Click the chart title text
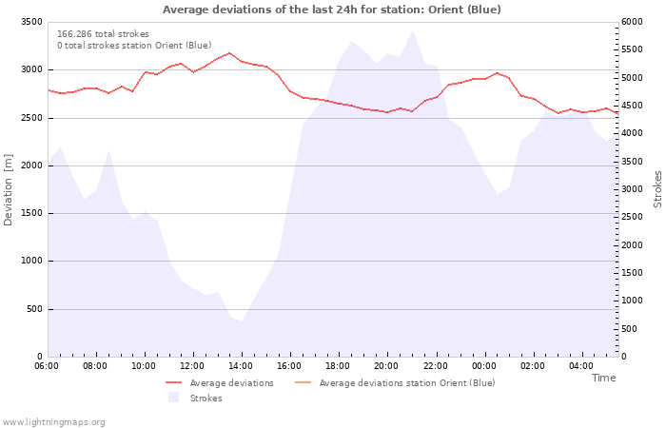click(331, 10)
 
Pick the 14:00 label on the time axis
click(241, 365)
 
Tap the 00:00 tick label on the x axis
click(484, 365)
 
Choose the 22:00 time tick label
click(436, 365)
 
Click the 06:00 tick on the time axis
click(47, 365)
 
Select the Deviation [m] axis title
click(9, 189)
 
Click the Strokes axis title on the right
click(657, 189)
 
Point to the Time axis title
click(603, 378)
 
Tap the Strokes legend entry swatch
click(173, 398)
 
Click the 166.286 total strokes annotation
click(103, 34)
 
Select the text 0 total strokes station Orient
click(134, 46)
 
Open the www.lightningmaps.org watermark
click(54, 422)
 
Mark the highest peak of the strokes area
click(412, 31)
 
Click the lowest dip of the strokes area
click(242, 321)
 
